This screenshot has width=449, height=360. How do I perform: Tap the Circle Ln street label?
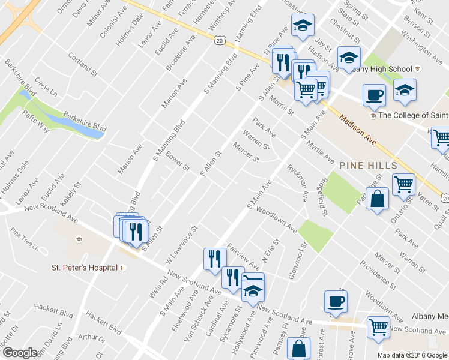pyautogui.click(x=46, y=88)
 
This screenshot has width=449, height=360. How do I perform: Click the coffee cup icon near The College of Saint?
pyautogui.click(x=374, y=95)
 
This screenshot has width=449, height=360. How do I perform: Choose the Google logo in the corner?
pyautogui.click(x=20, y=353)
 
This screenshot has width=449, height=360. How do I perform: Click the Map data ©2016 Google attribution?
pyautogui.click(x=411, y=355)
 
